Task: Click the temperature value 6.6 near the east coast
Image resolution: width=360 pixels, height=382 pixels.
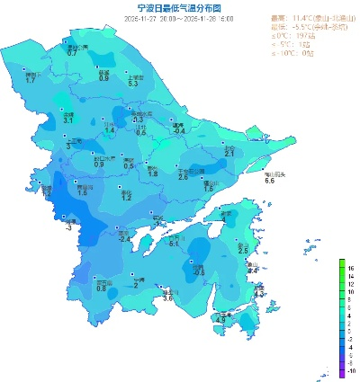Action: (268, 181)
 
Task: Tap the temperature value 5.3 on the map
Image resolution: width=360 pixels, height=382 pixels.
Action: (133, 84)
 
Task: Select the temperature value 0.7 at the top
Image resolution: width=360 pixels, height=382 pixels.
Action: (72, 53)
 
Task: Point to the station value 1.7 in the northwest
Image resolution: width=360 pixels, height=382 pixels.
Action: (31, 81)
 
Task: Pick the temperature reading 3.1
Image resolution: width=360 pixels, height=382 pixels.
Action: (67, 120)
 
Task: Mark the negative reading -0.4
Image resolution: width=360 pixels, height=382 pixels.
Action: (178, 131)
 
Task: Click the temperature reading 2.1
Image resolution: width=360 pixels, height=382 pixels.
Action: (229, 155)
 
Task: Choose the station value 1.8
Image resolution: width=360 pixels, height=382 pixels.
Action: (153, 173)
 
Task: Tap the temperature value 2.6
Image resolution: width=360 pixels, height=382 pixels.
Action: (183, 177)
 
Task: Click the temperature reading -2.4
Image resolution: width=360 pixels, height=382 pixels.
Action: (125, 239)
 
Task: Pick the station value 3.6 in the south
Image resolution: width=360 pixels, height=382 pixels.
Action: (167, 298)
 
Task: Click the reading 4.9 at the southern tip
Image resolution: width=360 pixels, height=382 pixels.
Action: (220, 319)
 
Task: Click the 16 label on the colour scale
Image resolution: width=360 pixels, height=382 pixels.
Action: (351, 268)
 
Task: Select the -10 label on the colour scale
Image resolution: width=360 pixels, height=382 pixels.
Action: (351, 369)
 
